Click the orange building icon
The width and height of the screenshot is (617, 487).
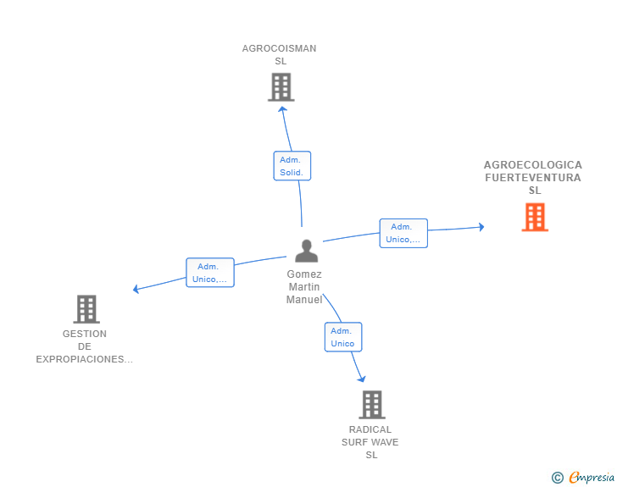pos(535,217)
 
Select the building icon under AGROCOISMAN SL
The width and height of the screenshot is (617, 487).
pos(281,87)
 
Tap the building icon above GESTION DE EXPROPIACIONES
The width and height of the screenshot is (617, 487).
pos(86,309)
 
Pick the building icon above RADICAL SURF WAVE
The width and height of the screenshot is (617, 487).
pos(372,405)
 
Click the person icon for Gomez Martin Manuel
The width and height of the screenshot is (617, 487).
pos(307,251)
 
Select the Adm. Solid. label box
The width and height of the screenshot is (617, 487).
pos(292,166)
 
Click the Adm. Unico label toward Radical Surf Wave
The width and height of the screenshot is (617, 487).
pos(343,337)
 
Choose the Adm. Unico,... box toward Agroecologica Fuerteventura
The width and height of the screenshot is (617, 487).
pos(403,233)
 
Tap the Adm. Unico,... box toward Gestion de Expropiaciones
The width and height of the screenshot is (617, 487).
pos(210,273)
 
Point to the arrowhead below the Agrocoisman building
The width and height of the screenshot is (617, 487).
pos(282,109)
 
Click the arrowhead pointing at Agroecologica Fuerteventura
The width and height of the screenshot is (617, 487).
pos(481,227)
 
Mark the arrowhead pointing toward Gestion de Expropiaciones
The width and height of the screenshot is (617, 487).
pos(136,289)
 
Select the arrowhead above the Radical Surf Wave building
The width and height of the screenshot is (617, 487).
pos(362,379)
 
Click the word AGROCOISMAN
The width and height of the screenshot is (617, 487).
pos(279,48)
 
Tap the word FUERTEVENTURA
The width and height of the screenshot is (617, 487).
pos(533,178)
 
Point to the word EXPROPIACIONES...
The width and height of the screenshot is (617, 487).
pos(84,359)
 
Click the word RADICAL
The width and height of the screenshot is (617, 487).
pos(370,429)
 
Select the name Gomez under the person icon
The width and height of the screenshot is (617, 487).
pos(304,274)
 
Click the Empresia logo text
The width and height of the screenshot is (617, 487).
pos(592,477)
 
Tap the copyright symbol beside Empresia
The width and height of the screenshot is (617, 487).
pos(558,478)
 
